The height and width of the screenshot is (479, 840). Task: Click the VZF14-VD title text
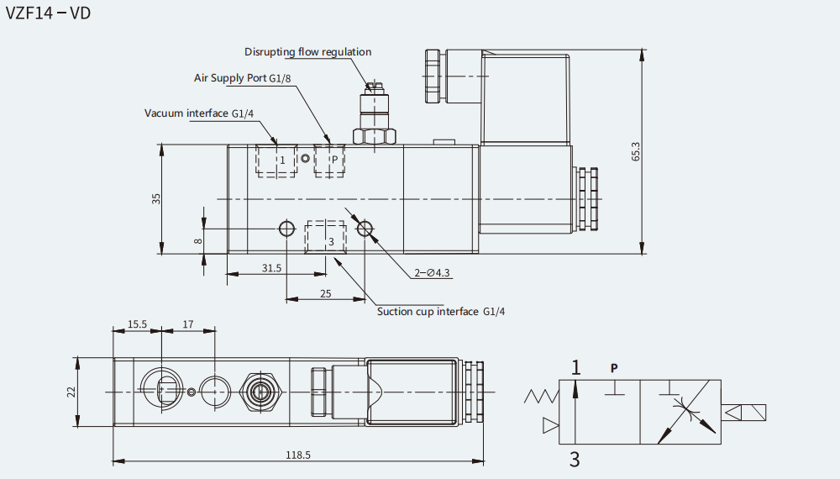coord(48,13)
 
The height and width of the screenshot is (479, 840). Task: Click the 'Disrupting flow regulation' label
coord(308,52)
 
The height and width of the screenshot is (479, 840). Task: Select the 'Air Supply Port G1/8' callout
coord(242,78)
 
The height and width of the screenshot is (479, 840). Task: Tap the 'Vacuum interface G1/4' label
coord(199,113)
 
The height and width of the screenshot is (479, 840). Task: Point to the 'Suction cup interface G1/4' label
coord(441,312)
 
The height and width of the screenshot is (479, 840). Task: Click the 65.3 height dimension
coord(636,151)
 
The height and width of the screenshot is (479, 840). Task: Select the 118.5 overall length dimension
coord(298,455)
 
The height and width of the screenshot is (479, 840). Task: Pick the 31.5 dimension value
coord(271,268)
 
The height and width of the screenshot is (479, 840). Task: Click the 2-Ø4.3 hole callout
coord(433,273)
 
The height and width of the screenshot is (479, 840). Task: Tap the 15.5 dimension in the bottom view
coord(137,324)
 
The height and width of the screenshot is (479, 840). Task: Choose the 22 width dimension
coord(71,392)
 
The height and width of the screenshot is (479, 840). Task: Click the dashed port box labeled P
coord(329,161)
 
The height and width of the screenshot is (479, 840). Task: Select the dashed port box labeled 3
coord(326,237)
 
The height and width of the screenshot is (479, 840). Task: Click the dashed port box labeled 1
coord(276,161)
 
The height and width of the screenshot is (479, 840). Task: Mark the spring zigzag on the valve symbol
coord(541,397)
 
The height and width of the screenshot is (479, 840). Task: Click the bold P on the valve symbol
coord(614,368)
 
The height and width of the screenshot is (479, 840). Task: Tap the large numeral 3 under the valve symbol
coord(575,459)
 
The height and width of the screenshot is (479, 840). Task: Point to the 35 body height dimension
coord(156,199)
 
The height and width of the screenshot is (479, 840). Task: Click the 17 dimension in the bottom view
coord(188,324)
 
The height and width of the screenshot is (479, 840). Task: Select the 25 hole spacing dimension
coord(326,293)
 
